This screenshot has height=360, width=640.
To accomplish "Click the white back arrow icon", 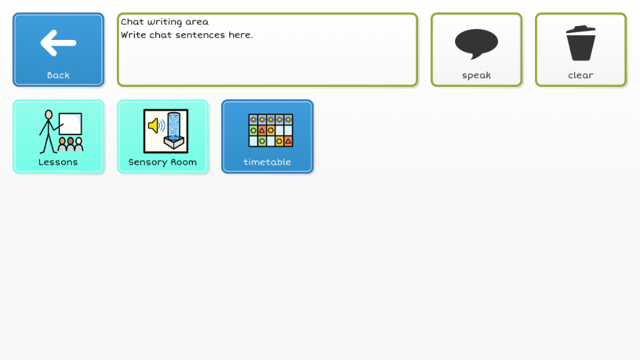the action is pos(58,42).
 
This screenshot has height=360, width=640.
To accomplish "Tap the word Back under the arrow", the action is pos(58,75).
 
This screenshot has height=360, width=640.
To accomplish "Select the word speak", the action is pos(476,76).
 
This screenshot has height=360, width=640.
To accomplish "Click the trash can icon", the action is pos(581,43).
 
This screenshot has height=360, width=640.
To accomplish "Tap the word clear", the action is pos(581,75).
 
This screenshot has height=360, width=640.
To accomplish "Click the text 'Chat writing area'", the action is pos(164,22).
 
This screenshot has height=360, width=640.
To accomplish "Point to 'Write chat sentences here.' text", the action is pos(186,35).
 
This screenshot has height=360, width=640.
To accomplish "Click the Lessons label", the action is pos(58,162).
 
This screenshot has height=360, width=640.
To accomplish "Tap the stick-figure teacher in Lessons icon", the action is pos(49,131).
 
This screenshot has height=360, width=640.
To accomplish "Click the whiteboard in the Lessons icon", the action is pos(70,124).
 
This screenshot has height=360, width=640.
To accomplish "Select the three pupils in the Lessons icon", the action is pos(71,144).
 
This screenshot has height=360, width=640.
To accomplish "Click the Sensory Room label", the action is pos(162,162).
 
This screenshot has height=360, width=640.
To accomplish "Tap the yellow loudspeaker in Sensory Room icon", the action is pos(154,126).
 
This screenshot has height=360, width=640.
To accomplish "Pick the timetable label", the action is pos(267,162).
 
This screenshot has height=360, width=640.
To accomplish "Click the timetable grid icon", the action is pos(271,131).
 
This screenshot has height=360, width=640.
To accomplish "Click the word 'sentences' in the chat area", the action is pos(200,35).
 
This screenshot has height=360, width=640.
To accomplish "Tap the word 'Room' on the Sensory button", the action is pos(184,162).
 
